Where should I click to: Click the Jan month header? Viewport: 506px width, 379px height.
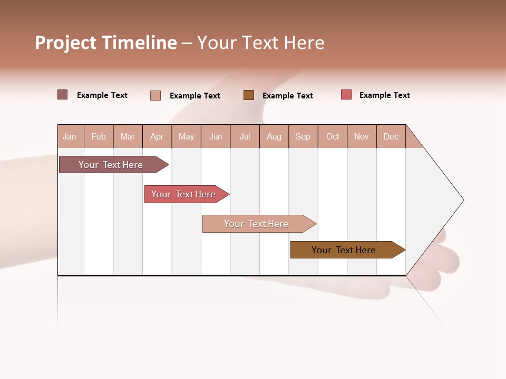click(x=70, y=136)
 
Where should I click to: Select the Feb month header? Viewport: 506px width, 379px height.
click(x=99, y=136)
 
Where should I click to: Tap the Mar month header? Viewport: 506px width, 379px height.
click(x=128, y=136)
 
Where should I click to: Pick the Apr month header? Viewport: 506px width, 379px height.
click(x=157, y=136)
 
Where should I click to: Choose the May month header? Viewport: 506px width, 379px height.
click(x=186, y=136)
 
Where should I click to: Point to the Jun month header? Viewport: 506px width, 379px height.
click(x=216, y=136)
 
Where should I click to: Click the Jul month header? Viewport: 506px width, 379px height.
click(x=245, y=136)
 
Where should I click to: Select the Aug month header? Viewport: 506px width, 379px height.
click(x=274, y=136)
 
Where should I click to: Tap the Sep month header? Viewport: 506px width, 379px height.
click(x=303, y=136)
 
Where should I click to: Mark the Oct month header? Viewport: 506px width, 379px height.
click(x=333, y=136)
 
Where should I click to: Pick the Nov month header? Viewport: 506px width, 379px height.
click(x=362, y=136)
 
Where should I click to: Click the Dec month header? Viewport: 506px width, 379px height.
click(x=391, y=136)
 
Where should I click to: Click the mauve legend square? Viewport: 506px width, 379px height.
click(x=63, y=95)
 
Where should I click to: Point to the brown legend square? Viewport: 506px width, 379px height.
click(x=249, y=95)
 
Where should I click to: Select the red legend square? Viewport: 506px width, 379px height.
click(x=346, y=95)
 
